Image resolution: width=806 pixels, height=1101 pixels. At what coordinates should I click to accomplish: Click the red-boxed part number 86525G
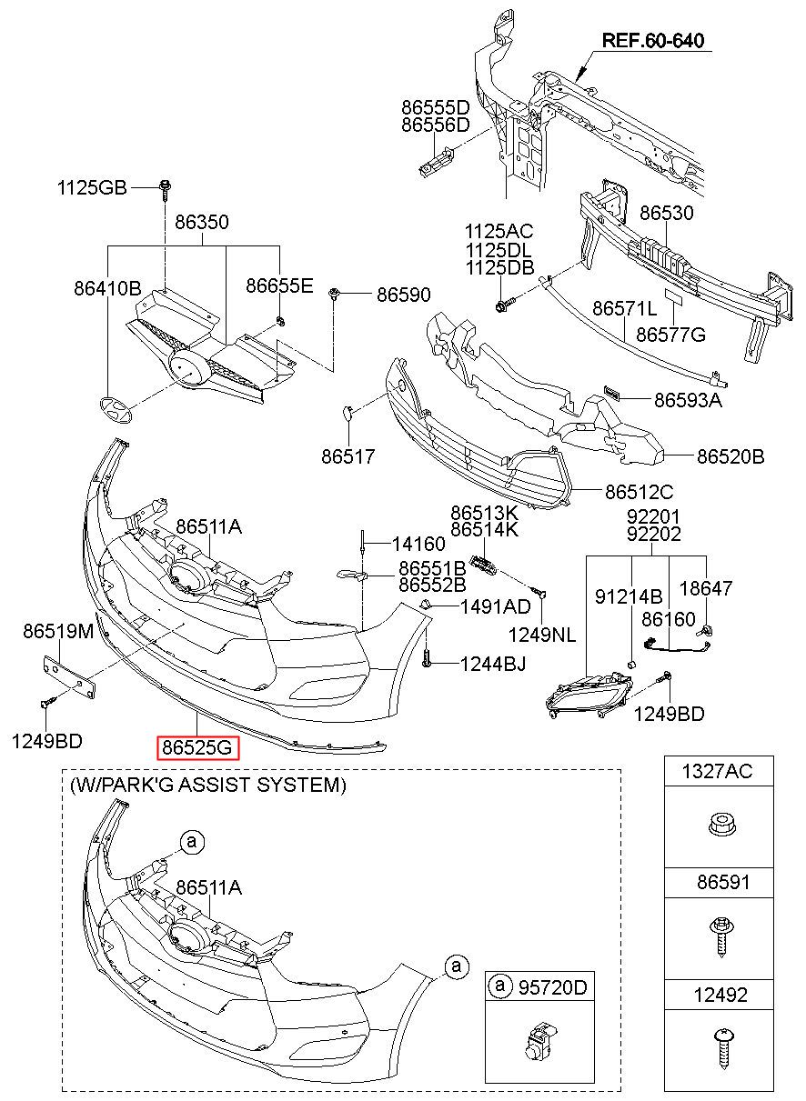(198, 748)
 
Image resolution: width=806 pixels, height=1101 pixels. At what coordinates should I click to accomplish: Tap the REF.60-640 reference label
(653, 41)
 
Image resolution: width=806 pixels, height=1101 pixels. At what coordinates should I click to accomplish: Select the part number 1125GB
(92, 188)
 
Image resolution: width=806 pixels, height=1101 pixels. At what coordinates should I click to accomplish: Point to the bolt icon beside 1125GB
(166, 189)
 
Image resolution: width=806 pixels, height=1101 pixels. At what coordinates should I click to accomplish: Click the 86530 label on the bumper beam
(666, 214)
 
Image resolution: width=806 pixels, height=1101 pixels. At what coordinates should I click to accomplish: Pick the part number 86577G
(670, 335)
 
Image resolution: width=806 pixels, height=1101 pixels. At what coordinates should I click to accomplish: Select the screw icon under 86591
(719, 935)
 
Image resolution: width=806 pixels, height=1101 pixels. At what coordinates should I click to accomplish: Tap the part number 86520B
(730, 456)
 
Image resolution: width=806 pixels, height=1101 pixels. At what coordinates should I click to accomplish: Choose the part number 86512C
(640, 492)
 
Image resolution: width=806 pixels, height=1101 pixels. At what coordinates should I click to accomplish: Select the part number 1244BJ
(492, 665)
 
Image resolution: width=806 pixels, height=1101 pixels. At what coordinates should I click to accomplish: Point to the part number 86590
(404, 295)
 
